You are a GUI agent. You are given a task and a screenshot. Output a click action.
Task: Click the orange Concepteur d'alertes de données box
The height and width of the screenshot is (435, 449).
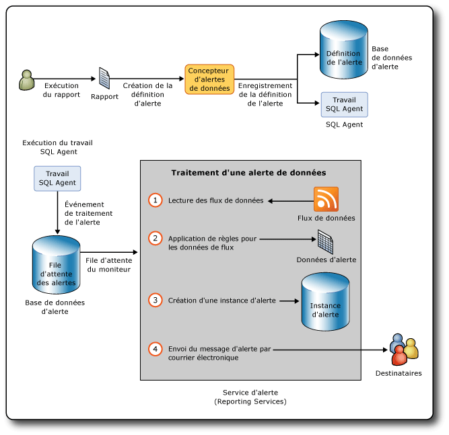coord(209,79)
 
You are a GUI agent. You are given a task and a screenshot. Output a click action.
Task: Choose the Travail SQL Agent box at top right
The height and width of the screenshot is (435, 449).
coord(344,104)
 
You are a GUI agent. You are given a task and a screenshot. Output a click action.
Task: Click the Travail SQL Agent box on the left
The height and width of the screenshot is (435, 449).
coord(57,178)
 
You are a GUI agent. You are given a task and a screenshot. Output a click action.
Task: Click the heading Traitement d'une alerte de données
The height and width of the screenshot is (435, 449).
coord(248,173)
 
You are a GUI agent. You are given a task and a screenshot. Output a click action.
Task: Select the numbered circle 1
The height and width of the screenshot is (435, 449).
coord(156,200)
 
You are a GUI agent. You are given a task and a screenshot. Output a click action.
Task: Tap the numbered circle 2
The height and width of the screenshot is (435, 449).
coord(156,238)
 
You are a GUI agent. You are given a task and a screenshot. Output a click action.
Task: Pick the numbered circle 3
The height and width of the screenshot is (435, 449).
coord(156,301)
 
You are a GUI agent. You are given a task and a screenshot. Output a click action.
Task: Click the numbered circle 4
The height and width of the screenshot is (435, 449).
coord(156,349)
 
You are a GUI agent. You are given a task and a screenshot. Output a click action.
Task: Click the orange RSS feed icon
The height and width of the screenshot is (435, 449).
coord(326,200)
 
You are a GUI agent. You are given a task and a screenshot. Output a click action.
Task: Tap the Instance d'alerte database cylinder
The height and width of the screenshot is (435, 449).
coord(324,301)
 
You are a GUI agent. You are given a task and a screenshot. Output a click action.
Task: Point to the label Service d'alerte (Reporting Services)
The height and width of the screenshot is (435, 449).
coord(250,397)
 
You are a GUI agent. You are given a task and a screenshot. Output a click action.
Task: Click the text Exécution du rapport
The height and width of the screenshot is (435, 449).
coord(62,90)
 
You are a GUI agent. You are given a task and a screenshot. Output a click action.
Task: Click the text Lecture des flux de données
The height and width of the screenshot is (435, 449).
coord(215,200)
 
